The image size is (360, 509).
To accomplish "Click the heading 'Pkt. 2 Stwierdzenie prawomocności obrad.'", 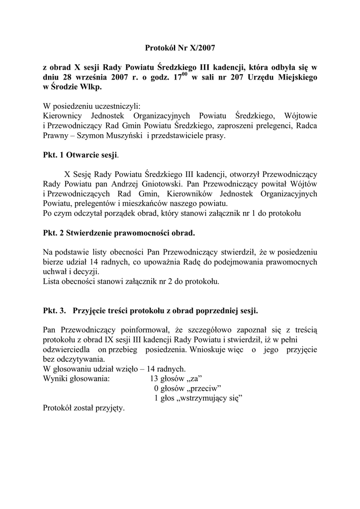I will pos(119,232).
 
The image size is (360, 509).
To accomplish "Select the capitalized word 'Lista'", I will pos(52,281).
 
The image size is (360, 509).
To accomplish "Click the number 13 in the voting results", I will pos(155,378).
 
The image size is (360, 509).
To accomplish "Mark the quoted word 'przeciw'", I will pos(204,388).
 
